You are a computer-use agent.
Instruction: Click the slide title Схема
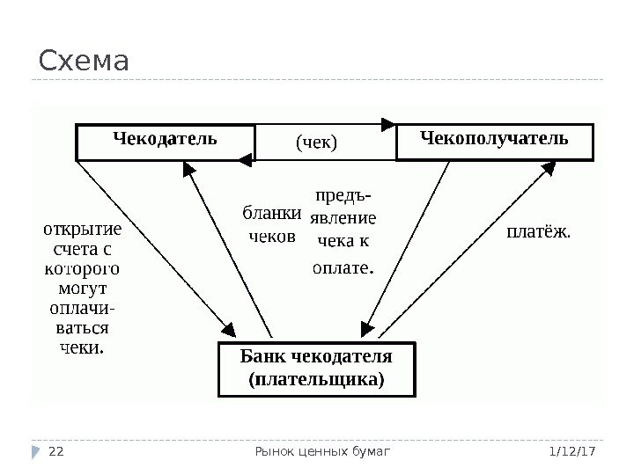click(84, 62)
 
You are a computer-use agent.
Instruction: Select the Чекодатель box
click(165, 142)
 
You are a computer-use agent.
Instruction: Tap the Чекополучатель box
click(495, 142)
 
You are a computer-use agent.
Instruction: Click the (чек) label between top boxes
click(317, 141)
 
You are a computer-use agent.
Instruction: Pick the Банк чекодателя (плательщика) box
click(316, 369)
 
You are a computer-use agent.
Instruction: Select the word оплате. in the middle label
click(343, 264)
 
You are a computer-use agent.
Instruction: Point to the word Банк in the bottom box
click(262, 358)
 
